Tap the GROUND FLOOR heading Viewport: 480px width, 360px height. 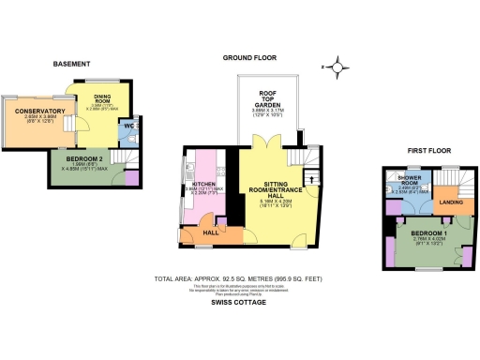click(x=248, y=57)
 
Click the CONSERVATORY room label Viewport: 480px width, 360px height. click(x=33, y=112)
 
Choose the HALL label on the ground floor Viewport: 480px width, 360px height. click(x=210, y=232)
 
